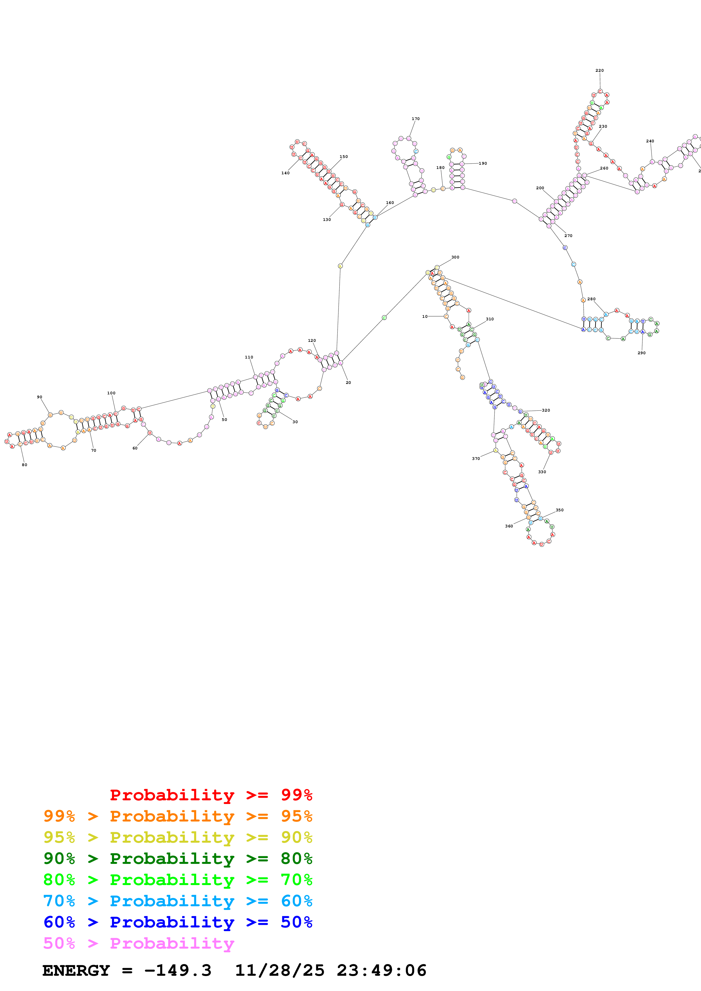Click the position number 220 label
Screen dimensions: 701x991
click(599, 70)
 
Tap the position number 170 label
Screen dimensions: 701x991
click(415, 119)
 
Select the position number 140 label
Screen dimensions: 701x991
click(286, 173)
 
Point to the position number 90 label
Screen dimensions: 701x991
click(39, 397)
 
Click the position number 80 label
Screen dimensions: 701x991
click(25, 465)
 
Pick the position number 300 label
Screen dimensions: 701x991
click(455, 257)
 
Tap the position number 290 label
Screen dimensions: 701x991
click(641, 353)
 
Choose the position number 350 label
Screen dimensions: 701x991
click(559, 510)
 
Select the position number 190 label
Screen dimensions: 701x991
click(483, 164)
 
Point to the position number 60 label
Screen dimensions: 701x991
click(135, 448)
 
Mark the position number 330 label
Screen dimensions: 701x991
click(542, 472)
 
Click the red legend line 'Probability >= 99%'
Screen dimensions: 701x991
click(211, 795)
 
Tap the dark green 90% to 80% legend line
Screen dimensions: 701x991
click(178, 859)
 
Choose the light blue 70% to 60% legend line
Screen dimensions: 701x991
click(178, 901)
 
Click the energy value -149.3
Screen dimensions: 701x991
click(178, 971)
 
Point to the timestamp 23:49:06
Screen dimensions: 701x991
click(381, 971)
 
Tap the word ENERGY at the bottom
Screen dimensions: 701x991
click(76, 971)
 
